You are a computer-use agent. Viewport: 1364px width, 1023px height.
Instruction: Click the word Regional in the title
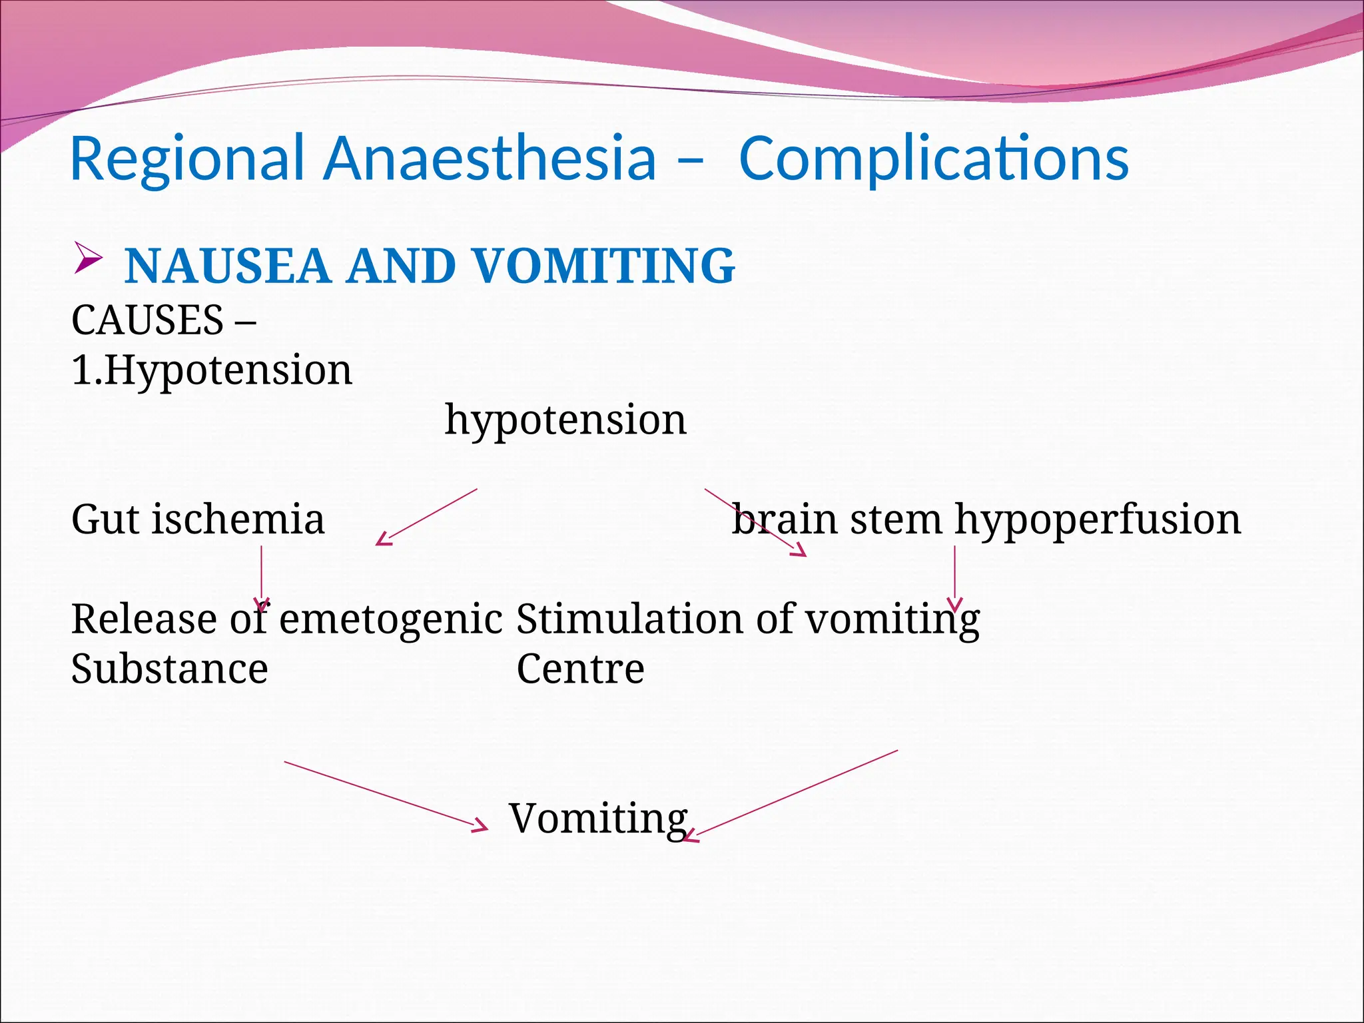pos(186,160)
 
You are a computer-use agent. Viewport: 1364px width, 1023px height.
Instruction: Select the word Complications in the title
pos(934,160)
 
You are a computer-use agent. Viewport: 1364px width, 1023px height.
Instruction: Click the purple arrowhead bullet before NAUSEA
pos(87,258)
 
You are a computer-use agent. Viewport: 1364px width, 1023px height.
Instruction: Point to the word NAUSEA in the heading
pos(227,266)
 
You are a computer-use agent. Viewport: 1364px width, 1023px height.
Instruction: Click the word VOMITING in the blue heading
pos(603,266)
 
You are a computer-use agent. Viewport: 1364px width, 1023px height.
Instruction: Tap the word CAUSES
pos(147,320)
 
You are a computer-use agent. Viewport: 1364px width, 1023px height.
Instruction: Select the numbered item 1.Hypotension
pos(212,370)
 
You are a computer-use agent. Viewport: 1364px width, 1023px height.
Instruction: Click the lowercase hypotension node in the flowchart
pos(565,420)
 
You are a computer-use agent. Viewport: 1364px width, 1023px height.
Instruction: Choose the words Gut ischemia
pos(198,519)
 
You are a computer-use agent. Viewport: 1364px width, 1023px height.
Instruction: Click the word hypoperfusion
pos(1098,519)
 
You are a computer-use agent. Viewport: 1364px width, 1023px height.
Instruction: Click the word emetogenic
pos(390,619)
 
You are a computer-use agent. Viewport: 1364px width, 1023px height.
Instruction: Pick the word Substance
pos(169,669)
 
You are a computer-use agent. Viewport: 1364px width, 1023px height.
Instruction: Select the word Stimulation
pos(629,619)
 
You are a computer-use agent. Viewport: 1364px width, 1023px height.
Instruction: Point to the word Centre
pos(580,669)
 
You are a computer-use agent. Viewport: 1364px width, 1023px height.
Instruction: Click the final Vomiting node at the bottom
pos(597,819)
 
